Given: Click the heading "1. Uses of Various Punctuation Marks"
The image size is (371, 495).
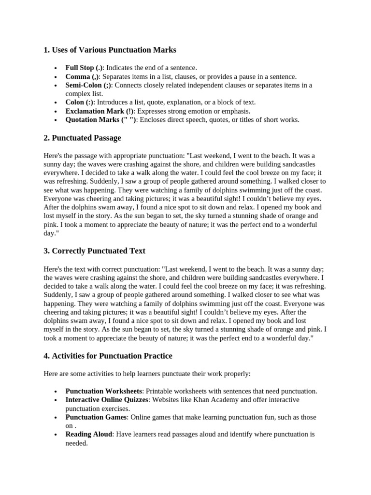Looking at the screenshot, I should pos(110,50).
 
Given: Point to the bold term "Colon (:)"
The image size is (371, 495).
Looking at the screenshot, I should pos(80,102).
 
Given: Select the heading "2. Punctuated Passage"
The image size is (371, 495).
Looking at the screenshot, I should pos(82,138).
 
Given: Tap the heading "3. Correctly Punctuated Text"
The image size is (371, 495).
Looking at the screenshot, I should pos(94,251).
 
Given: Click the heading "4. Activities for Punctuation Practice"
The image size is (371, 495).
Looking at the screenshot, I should pos(108,356).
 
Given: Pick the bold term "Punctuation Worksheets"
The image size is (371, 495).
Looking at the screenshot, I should pos(104,391).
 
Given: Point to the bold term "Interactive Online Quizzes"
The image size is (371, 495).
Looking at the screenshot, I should pos(107,400).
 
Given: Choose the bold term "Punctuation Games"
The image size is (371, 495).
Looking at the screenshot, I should pos(96,417).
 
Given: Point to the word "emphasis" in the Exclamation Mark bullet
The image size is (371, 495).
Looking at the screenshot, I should pos(237,111).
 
